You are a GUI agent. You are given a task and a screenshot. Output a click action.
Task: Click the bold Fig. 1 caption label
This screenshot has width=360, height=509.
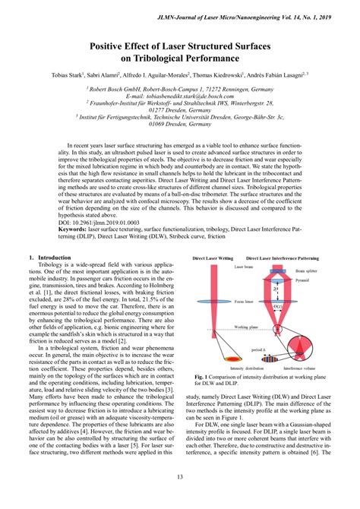(202, 376)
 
